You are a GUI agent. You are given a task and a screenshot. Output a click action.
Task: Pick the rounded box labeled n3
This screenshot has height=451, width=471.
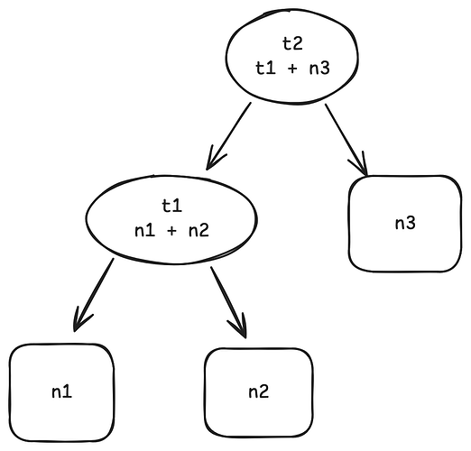404,223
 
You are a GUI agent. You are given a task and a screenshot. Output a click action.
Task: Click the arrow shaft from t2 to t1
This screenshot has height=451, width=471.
230,133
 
